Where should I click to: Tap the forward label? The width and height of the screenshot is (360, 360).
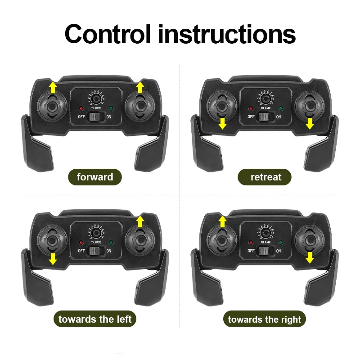[x=95, y=177]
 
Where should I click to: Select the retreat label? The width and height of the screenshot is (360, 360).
[x=265, y=177]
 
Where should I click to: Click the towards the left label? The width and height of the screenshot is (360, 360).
[x=95, y=319]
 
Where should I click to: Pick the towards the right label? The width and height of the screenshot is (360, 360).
[x=265, y=319]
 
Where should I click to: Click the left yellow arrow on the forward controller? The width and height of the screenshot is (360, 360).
[x=53, y=87]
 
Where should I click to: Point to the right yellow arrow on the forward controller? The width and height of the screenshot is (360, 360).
[x=140, y=87]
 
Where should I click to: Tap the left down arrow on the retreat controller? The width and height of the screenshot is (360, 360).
[x=222, y=123]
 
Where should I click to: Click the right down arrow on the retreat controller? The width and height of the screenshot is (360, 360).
[x=310, y=123]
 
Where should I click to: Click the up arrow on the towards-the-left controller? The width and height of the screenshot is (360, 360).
[x=140, y=220]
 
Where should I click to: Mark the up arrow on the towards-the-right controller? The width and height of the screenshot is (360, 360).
[x=222, y=220]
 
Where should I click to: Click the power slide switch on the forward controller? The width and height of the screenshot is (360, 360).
[x=95, y=117]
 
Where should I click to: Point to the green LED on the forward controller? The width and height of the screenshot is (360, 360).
[x=111, y=108]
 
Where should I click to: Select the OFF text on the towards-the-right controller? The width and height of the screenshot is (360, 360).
[x=251, y=251]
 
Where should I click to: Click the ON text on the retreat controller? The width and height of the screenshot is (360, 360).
[x=279, y=117]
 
